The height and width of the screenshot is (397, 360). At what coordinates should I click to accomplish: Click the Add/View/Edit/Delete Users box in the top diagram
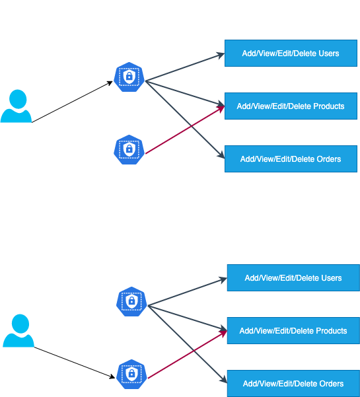pyautogui.click(x=291, y=53)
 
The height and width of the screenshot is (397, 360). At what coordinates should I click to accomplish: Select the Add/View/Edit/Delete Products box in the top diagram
pyautogui.click(x=291, y=106)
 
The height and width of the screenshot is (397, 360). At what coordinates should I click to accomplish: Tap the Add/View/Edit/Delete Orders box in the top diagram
pyautogui.click(x=291, y=159)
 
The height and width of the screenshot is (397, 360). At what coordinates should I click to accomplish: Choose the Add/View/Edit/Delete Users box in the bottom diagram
pyautogui.click(x=293, y=277)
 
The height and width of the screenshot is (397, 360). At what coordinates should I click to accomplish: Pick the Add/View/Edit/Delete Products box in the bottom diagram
pyautogui.click(x=293, y=330)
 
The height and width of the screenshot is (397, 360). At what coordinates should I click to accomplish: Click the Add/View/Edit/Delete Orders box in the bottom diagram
pyautogui.click(x=293, y=383)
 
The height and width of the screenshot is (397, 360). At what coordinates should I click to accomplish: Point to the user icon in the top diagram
pyautogui.click(x=17, y=106)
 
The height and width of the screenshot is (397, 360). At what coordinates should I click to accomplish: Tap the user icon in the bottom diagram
pyautogui.click(x=18, y=331)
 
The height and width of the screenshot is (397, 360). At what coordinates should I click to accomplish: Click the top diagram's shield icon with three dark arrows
pyautogui.click(x=129, y=77)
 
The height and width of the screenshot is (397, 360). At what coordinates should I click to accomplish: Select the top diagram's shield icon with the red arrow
pyautogui.click(x=129, y=150)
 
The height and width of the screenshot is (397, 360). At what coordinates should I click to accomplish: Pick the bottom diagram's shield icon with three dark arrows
pyautogui.click(x=131, y=301)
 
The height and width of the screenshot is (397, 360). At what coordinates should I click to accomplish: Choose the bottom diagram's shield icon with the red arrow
pyautogui.click(x=131, y=375)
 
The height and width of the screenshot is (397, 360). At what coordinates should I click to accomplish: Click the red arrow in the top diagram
pyautogui.click(x=185, y=129)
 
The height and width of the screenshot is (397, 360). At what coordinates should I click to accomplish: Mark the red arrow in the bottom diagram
pyautogui.click(x=188, y=354)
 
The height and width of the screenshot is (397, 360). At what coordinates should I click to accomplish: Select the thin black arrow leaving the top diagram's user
pyautogui.click(x=72, y=102)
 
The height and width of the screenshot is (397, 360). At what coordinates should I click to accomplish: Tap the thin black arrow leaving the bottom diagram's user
pyautogui.click(x=75, y=363)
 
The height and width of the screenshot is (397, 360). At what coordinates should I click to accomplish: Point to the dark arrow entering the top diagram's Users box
pyautogui.click(x=185, y=67)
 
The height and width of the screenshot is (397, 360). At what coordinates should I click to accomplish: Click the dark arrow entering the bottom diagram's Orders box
pyautogui.click(x=188, y=344)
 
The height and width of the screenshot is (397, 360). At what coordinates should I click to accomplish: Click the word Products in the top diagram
pyautogui.click(x=328, y=106)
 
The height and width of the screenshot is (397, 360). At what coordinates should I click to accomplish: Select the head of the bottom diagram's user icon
pyautogui.click(x=20, y=324)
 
